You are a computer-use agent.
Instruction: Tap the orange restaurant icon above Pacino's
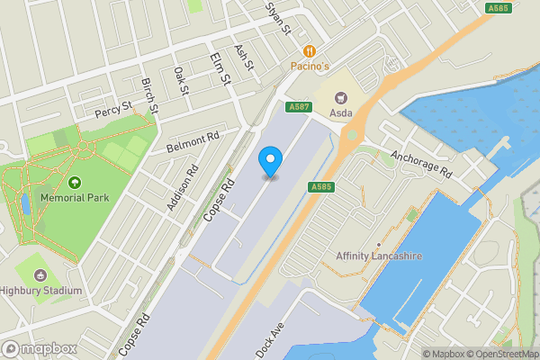coord(310,51)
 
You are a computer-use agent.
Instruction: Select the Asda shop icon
coord(341,96)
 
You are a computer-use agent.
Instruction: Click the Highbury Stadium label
coord(41,291)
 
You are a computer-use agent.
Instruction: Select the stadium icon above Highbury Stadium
coord(40,275)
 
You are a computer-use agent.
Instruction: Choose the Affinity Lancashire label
coord(379,256)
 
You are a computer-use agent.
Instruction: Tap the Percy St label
coord(114,112)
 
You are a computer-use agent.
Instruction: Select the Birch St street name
coord(149,95)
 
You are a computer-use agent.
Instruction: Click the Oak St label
coord(181,82)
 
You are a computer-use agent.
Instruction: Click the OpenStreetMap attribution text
coord(499,354)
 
